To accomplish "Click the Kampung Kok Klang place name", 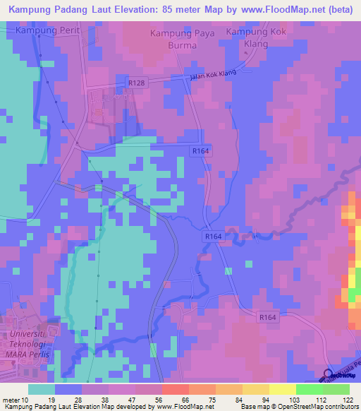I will (x=257, y=38).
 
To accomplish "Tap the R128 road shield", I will (x=137, y=83).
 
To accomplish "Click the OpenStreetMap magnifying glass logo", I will (x=329, y=376).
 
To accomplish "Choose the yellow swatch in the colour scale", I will (x=282, y=389).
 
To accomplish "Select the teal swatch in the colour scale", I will (x=42, y=389).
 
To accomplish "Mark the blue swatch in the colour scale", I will (x=68, y=389).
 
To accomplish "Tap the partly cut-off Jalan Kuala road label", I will (x=345, y=369).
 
